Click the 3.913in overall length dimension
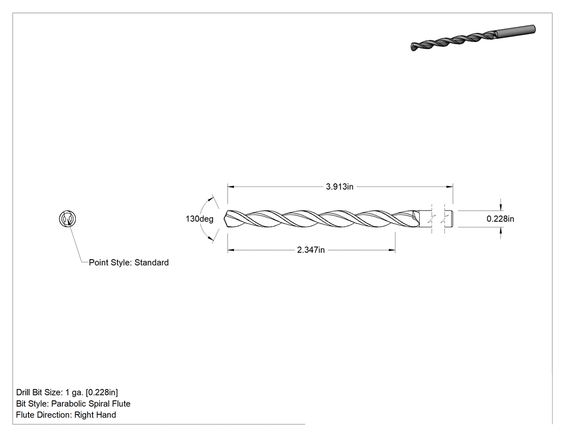tap(340, 186)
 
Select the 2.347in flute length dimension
tap(310, 249)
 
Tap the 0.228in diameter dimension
tap(500, 219)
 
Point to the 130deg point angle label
tap(199, 219)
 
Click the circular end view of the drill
tap(67, 219)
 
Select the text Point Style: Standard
tap(129, 262)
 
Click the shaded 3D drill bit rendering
tap(473, 38)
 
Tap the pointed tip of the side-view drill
tap(224, 219)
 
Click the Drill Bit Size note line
tap(67, 392)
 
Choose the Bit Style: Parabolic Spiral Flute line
tap(73, 404)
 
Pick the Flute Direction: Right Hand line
tap(66, 414)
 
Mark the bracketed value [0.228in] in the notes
tap(102, 392)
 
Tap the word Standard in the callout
tap(151, 262)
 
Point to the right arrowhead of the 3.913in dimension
tap(450, 186)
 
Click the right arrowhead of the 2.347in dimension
tap(392, 249)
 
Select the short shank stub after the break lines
tap(449, 219)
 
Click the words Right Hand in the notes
tap(95, 414)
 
